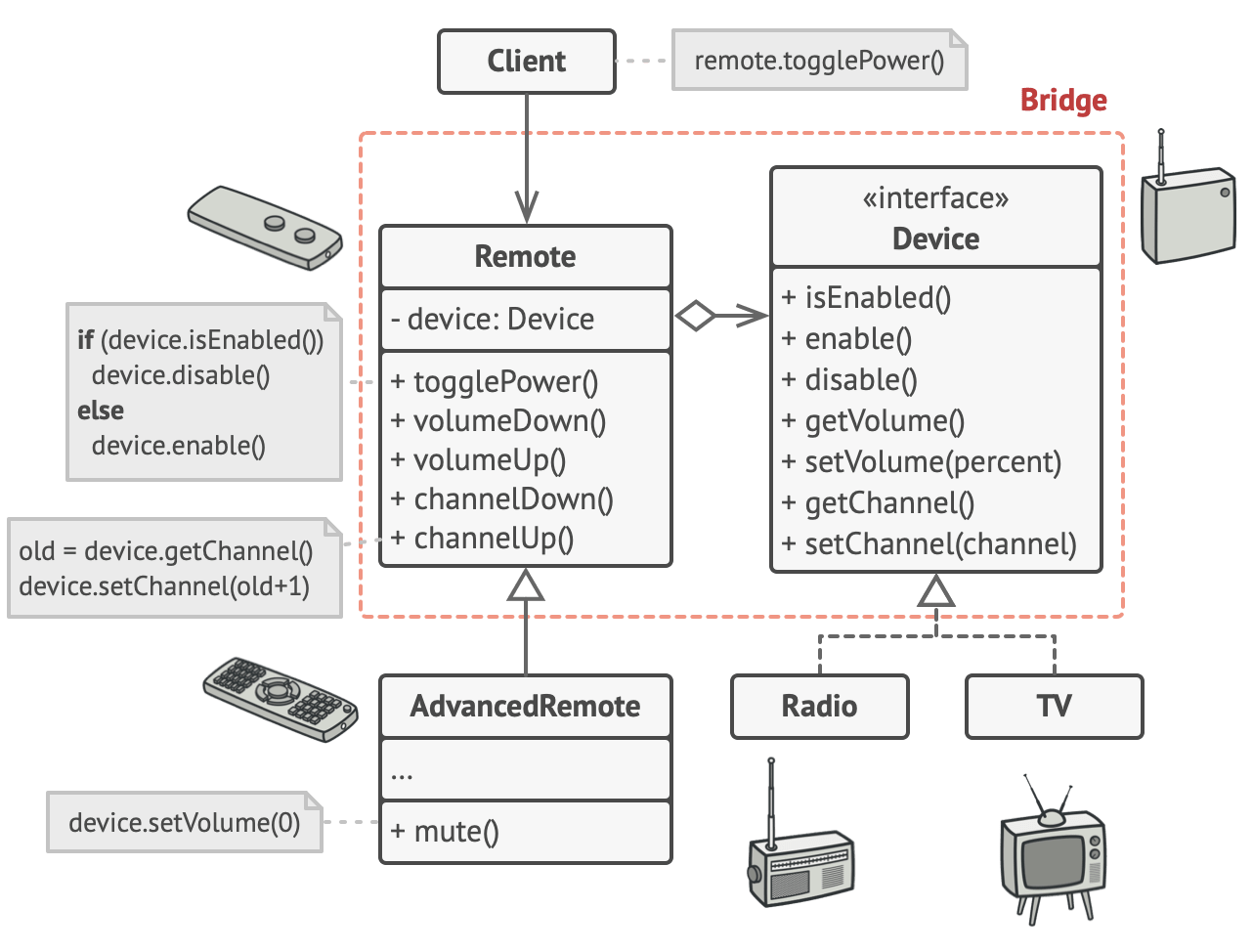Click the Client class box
point(527,62)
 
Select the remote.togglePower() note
point(819,61)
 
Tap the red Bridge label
point(1063,101)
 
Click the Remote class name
point(525,257)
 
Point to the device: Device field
point(493,320)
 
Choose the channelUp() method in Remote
point(483,539)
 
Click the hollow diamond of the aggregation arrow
point(695,316)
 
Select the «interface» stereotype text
point(935,198)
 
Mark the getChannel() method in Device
point(879,503)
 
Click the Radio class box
point(819,706)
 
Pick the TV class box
point(1054,706)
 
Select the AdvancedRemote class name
point(525,706)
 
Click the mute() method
point(445,832)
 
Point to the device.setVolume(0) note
point(185,823)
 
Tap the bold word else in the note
point(101,411)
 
